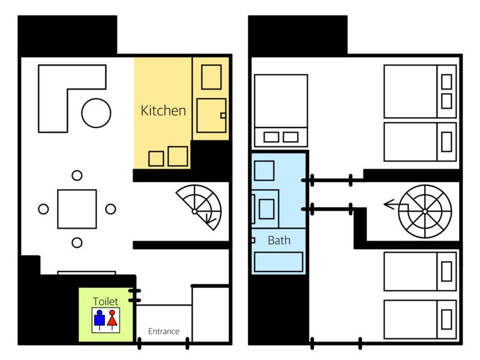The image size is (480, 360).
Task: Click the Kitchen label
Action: point(163,111)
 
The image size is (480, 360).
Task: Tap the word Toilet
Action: point(105,301)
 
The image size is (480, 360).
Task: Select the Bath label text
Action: point(279,240)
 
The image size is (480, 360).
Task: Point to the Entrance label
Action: point(164,331)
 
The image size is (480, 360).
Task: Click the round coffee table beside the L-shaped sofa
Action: point(96,113)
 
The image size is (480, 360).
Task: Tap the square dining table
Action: point(77,209)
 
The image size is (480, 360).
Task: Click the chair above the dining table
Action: point(77,176)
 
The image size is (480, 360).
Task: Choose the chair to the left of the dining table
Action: point(44,209)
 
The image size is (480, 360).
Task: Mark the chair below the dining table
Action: point(77,243)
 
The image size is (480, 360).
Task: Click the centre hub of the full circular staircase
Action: point(424,212)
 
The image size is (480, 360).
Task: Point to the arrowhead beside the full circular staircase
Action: point(388,204)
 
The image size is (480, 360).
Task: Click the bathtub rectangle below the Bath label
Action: point(279,262)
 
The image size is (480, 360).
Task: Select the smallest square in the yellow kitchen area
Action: point(156,159)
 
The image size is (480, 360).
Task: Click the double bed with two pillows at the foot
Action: point(281,110)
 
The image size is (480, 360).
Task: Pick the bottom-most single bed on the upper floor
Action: point(420,320)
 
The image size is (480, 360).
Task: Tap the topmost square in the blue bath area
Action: point(264,171)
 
